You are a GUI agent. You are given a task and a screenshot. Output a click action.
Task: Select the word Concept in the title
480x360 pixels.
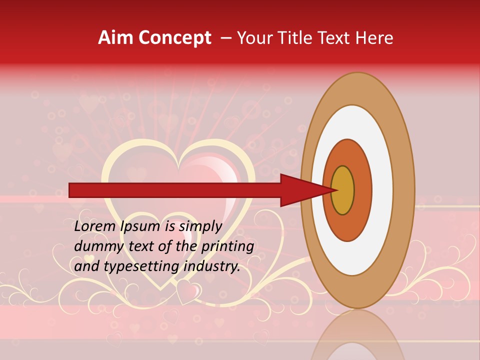coord(174,38)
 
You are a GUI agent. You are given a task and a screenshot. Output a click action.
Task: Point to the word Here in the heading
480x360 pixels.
coord(374,38)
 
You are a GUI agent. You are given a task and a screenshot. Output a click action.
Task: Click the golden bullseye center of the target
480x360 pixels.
coord(343,190)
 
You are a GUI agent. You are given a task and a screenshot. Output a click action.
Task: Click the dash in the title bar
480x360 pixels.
coord(226,38)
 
